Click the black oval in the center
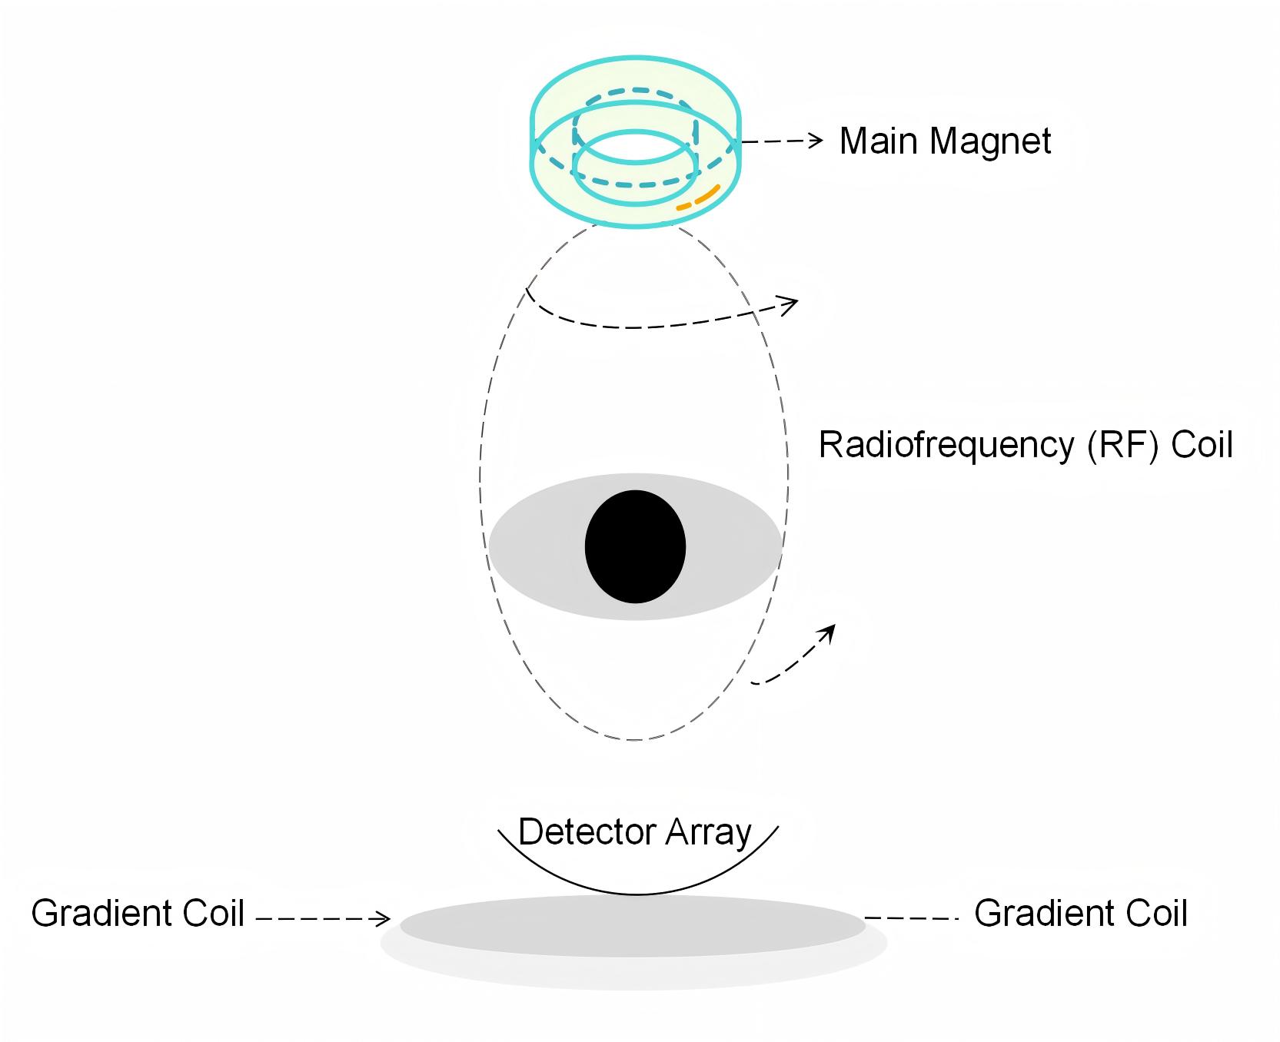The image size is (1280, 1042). point(635,546)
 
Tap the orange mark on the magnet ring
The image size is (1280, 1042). point(698,197)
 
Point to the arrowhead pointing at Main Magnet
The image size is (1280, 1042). point(816,141)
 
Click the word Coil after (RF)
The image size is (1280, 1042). point(1202,445)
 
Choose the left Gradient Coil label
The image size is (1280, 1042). point(138,914)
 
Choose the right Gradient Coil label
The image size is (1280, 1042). point(1080,914)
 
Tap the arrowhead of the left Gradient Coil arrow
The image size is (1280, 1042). point(384,918)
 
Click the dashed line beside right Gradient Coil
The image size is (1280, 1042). point(911,918)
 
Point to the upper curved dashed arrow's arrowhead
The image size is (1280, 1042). point(792,303)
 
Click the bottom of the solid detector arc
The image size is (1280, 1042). point(637,894)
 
